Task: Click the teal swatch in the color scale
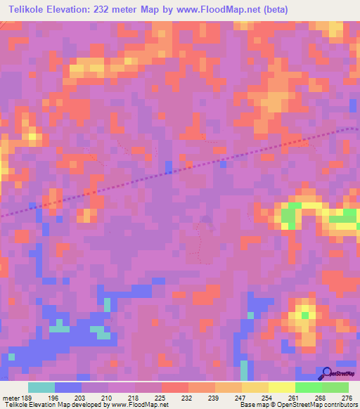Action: pyautogui.click(x=41, y=388)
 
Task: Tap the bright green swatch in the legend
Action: pyautogui.click(x=308, y=388)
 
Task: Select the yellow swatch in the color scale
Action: pyautogui.click(x=281, y=388)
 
